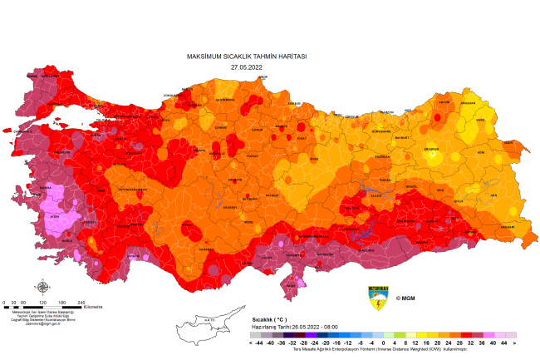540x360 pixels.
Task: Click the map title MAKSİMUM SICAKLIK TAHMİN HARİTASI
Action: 247,57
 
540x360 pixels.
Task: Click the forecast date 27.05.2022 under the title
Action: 247,66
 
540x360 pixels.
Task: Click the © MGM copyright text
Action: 405,298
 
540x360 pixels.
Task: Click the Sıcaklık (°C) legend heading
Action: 269,319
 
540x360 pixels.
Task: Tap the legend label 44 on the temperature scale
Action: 503,343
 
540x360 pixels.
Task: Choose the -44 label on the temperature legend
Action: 260,343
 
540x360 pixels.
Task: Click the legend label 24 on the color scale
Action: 448,343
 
